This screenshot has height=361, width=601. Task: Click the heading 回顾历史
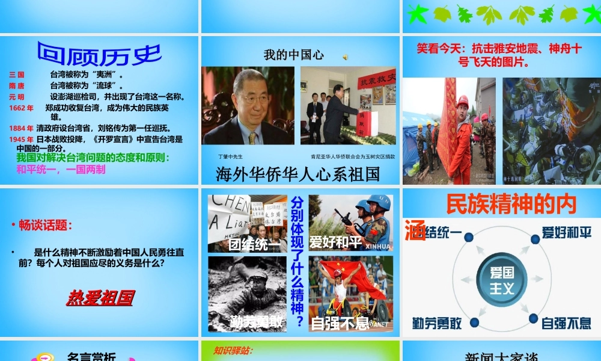coord(99,54)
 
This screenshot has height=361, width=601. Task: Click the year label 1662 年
coord(22,108)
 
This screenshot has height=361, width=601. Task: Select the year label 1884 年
coord(22,128)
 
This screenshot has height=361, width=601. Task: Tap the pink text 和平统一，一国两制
coord(61,169)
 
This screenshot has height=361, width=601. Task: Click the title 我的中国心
coord(294,55)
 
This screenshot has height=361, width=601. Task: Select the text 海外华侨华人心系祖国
coord(298,174)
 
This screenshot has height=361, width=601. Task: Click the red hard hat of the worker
coord(462,100)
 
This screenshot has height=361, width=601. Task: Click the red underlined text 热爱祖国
coord(100,297)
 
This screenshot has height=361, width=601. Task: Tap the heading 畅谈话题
coord(45,226)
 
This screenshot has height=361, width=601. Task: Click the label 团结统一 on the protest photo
coord(248,244)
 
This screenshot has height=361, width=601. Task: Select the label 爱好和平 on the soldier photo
coord(335,242)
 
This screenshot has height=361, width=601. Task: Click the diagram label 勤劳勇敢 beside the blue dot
coord(437,323)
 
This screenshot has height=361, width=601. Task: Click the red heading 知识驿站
coord(233,350)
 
